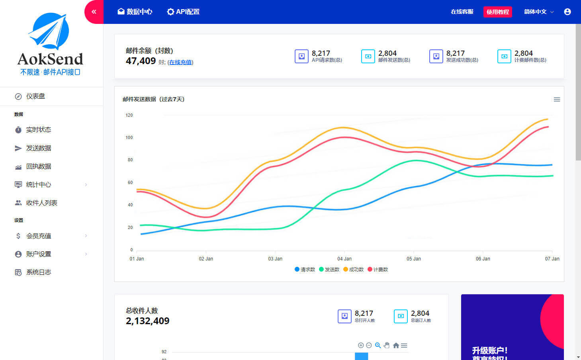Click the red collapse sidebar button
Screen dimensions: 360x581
pyautogui.click(x=94, y=12)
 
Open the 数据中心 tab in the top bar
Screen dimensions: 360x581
pyautogui.click(x=135, y=12)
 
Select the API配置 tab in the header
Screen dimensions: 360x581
pyautogui.click(x=183, y=12)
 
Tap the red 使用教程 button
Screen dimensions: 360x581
pyautogui.click(x=497, y=12)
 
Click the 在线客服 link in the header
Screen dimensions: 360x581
pyautogui.click(x=462, y=12)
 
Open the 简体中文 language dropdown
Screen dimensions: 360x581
pyautogui.click(x=538, y=12)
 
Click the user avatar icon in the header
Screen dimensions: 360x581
pyautogui.click(x=567, y=12)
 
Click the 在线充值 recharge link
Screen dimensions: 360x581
pyautogui.click(x=180, y=62)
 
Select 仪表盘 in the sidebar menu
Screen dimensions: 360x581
pyautogui.click(x=35, y=96)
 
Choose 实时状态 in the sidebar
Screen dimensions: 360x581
pyautogui.click(x=38, y=130)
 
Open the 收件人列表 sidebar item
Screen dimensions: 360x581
pyautogui.click(x=41, y=203)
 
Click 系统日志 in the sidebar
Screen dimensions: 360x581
pyautogui.click(x=38, y=272)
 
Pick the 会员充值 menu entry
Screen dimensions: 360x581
pyautogui.click(x=38, y=236)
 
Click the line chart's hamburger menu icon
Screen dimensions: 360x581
pyautogui.click(x=557, y=100)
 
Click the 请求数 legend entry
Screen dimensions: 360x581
pyautogui.click(x=305, y=270)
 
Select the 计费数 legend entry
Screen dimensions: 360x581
pyautogui.click(x=378, y=270)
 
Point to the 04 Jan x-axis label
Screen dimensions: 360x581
pyautogui.click(x=344, y=259)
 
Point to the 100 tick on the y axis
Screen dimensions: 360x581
pyautogui.click(x=129, y=138)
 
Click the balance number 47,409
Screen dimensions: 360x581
pyautogui.click(x=141, y=61)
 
